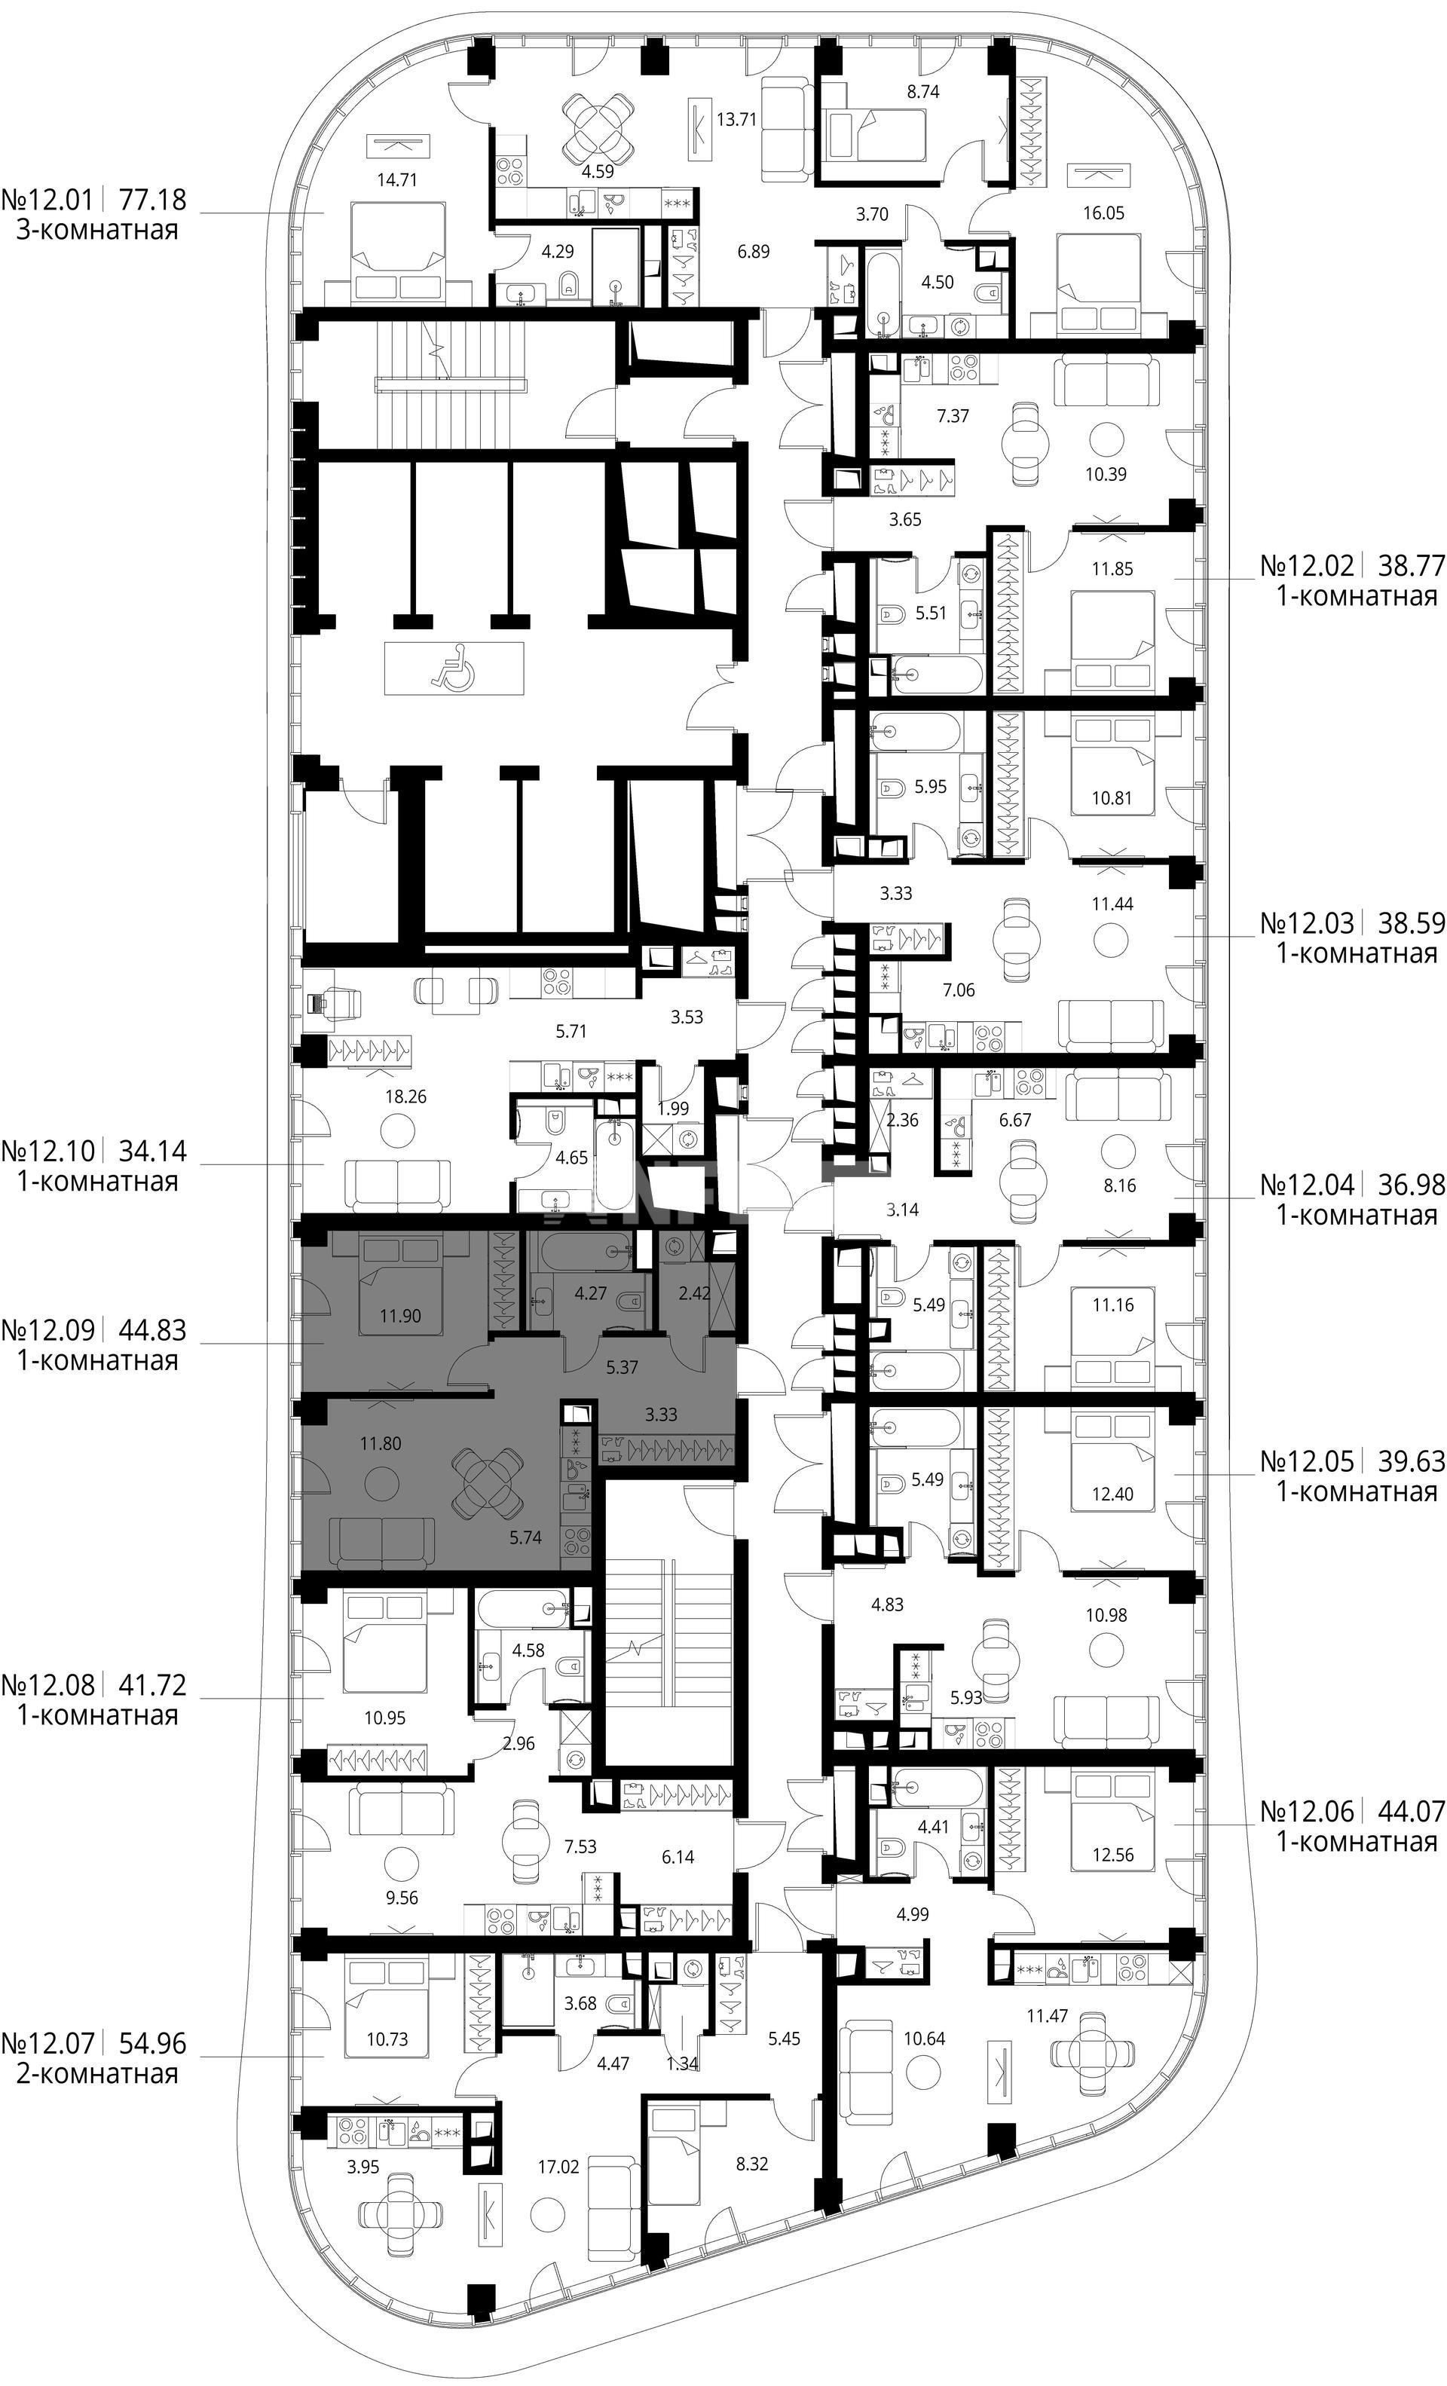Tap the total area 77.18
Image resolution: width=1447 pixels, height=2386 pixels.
152,200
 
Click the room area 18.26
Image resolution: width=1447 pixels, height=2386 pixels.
404,1097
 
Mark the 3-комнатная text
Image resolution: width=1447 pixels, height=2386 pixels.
97,231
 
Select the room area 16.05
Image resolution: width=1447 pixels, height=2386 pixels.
1103,213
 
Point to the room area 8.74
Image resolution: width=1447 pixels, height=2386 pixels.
922,92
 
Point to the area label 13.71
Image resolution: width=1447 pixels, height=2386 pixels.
736,119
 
